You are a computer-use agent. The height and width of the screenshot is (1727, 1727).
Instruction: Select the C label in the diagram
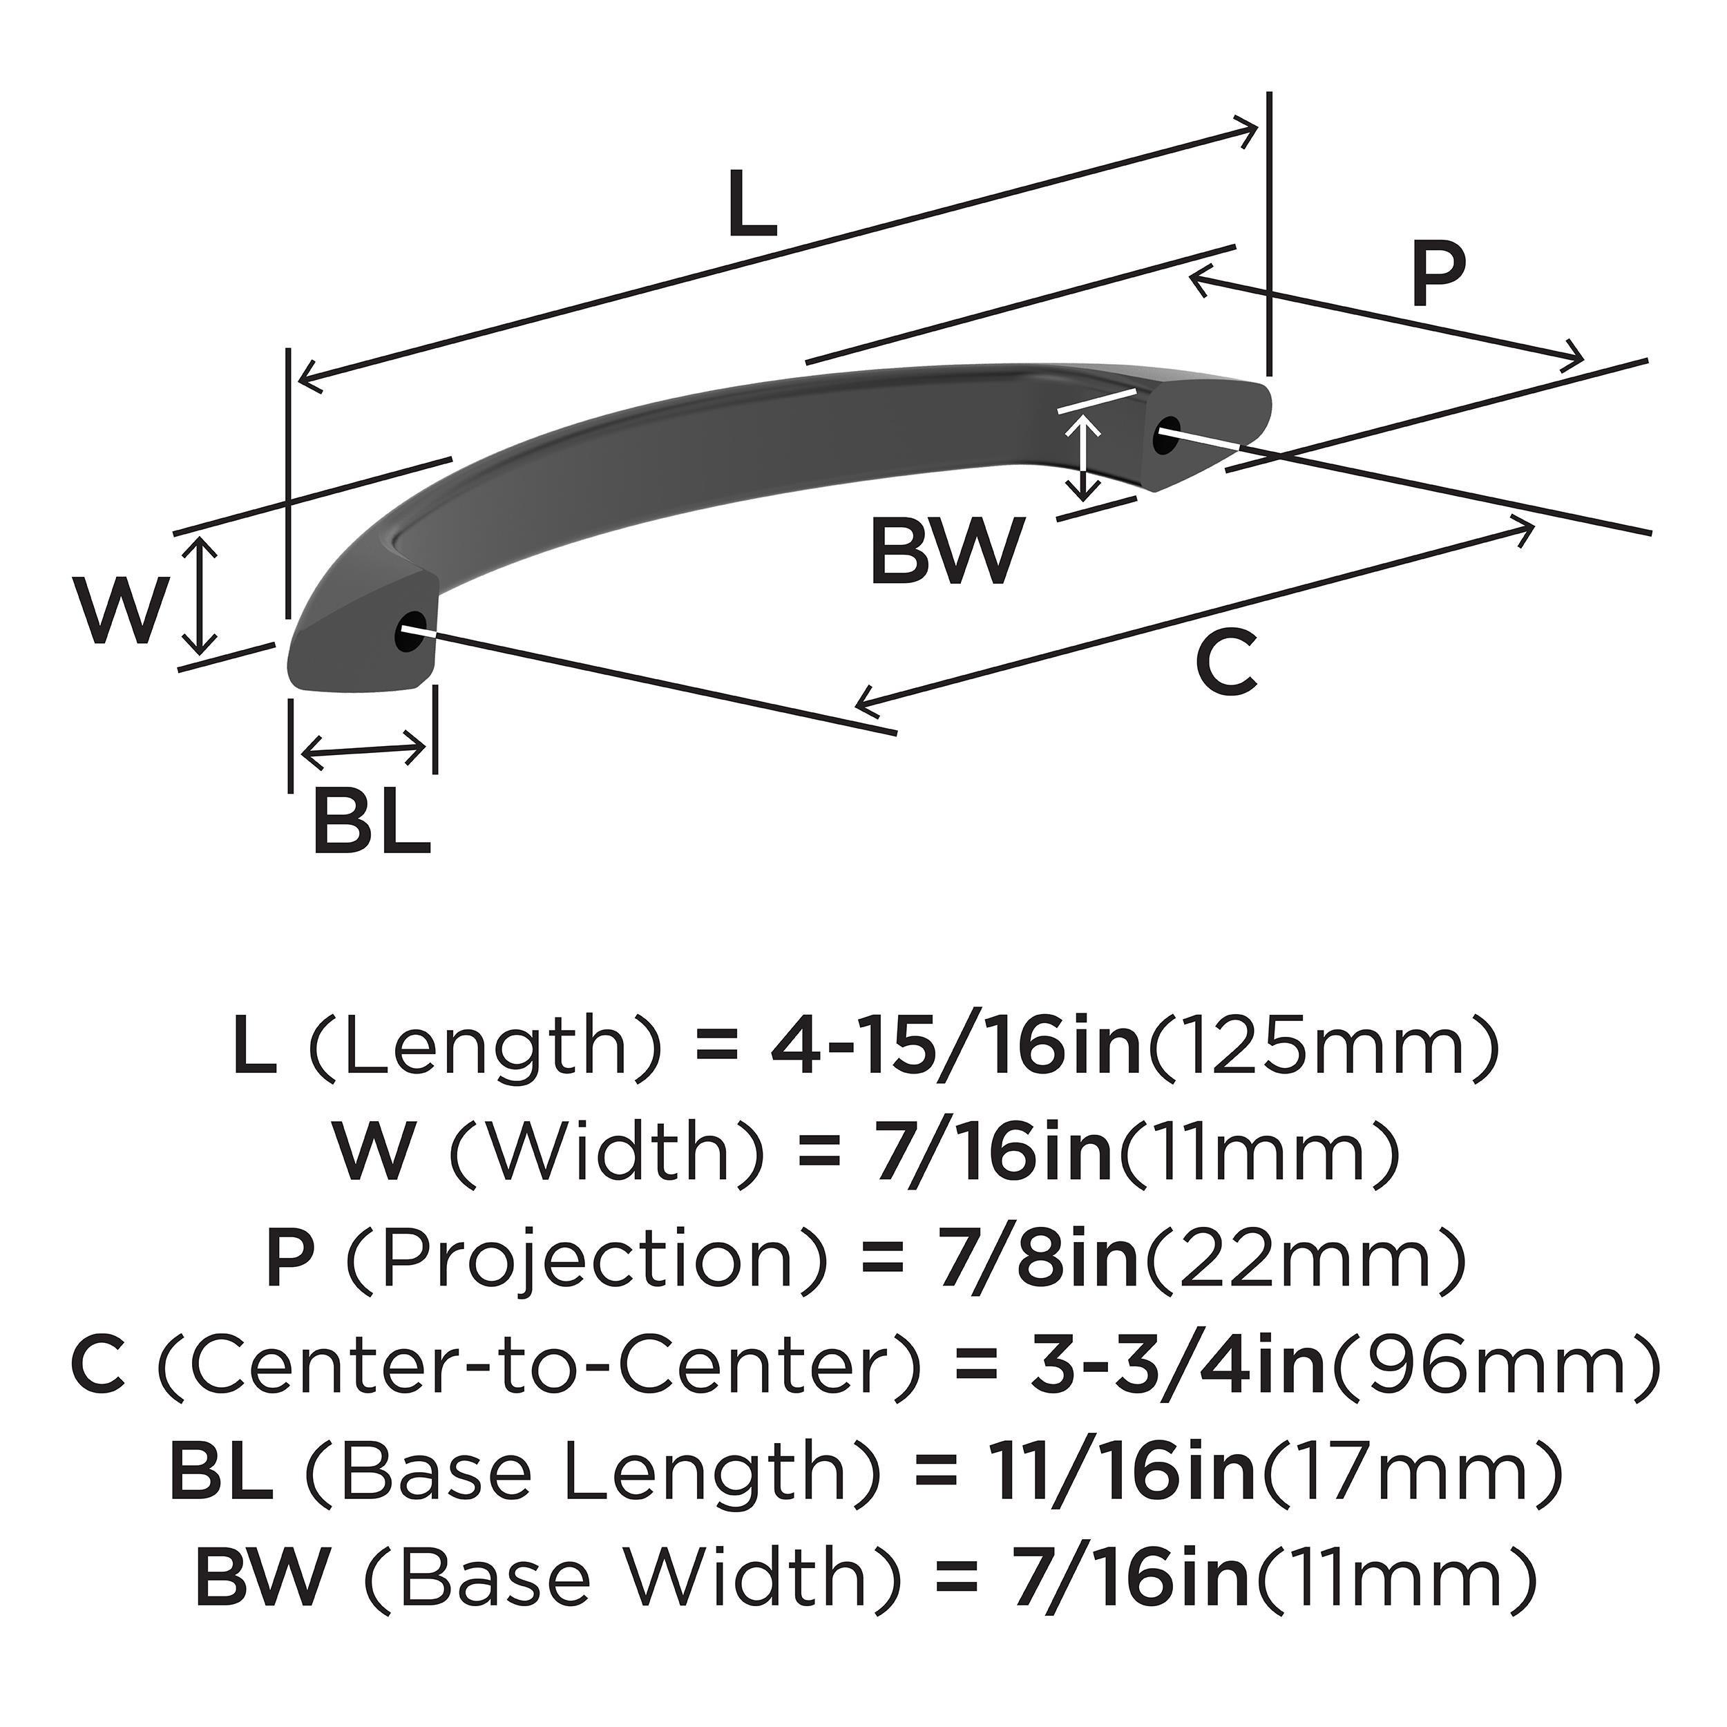1228,662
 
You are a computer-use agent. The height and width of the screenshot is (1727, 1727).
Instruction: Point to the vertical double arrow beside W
204,595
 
